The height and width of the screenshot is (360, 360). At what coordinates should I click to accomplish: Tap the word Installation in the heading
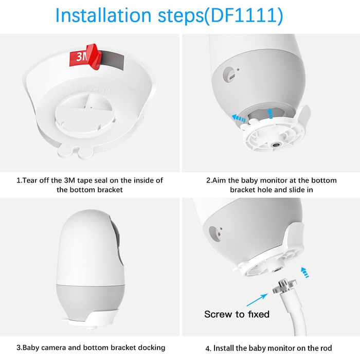click(x=103, y=15)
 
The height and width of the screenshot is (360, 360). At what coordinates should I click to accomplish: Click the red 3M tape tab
click(x=86, y=57)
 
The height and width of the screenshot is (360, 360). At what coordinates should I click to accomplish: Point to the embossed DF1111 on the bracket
click(x=95, y=90)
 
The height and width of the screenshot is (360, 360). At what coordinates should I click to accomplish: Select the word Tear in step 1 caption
click(x=29, y=180)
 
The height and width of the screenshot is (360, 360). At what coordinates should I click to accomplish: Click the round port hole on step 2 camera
click(x=229, y=74)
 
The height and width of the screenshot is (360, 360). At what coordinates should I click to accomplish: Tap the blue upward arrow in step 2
click(x=270, y=114)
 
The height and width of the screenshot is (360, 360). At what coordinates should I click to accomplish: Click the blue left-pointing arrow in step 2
click(x=239, y=118)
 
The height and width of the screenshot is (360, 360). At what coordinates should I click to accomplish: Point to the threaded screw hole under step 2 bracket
click(x=275, y=145)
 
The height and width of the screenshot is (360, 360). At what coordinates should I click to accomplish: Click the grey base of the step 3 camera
click(x=90, y=300)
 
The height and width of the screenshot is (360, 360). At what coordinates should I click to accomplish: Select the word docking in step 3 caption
click(x=151, y=347)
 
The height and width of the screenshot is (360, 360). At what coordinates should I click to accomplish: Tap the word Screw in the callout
click(x=218, y=314)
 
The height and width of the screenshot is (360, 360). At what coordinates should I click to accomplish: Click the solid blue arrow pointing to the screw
click(x=257, y=300)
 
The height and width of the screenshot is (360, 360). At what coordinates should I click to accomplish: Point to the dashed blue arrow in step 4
click(x=305, y=272)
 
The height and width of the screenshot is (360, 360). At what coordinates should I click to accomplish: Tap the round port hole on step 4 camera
click(x=214, y=233)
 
